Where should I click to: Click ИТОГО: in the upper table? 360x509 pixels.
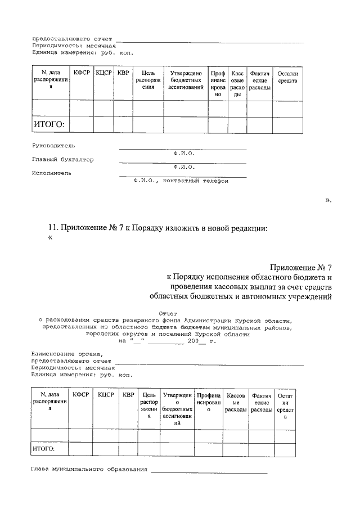49,124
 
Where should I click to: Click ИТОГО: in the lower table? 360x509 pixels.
43,449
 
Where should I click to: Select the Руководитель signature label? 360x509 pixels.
53,145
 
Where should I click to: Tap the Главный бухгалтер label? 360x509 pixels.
62,159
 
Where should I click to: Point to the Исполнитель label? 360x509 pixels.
52,173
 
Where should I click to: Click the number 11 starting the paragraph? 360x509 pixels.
53,227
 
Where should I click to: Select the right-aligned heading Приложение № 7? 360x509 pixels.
301,267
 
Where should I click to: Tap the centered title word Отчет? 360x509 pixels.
168,313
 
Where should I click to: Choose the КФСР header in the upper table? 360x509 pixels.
82,73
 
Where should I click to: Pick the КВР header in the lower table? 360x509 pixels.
129,395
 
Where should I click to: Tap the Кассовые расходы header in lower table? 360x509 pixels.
236,403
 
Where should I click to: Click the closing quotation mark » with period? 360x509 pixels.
328,200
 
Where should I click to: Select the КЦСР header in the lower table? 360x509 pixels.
106,395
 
